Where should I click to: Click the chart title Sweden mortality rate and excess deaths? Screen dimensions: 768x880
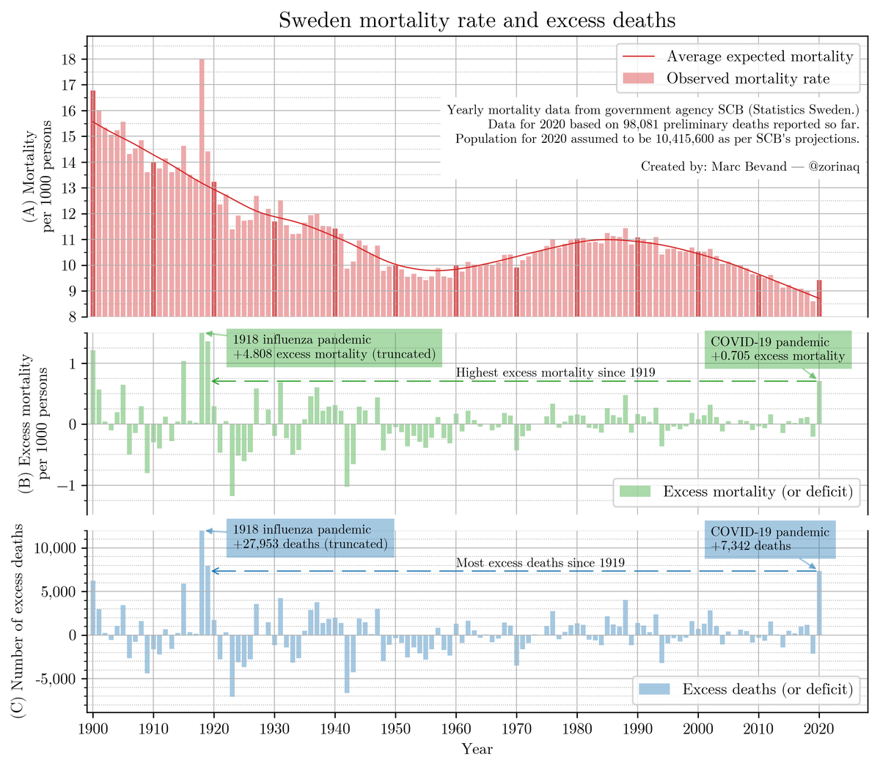point(477,20)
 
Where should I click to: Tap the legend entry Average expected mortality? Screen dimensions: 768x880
point(759,56)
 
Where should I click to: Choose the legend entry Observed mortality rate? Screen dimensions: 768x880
point(747,78)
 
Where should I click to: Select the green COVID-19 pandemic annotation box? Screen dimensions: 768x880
point(777,348)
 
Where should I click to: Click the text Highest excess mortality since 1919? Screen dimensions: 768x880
point(555,373)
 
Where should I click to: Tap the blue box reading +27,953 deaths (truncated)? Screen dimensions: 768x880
point(310,537)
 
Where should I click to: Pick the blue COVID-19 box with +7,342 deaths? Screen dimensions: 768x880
point(770,539)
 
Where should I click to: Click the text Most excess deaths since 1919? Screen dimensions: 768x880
point(540,564)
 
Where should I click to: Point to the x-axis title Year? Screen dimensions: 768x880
point(477,749)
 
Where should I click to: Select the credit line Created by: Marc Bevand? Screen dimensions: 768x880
point(749,166)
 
